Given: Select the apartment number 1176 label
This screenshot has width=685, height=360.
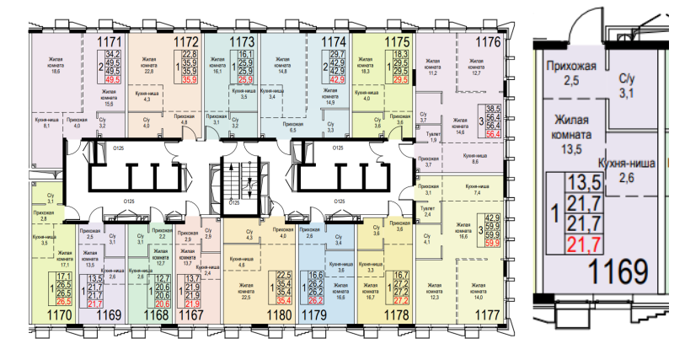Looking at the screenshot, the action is (488, 40).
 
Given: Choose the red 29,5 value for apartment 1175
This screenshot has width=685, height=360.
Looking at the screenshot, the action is (402, 82).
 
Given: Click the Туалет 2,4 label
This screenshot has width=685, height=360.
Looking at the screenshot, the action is (428, 212).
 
